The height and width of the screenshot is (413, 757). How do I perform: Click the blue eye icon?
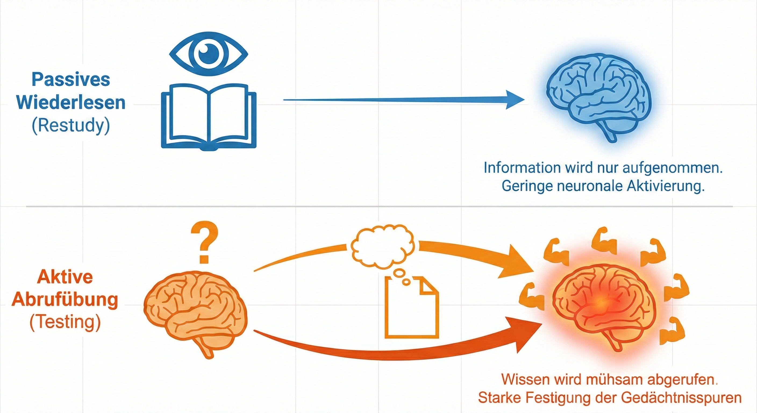tap(209, 54)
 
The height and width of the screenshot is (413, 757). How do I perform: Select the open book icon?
tap(209, 117)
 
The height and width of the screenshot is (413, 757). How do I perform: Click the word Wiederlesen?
tap(71, 103)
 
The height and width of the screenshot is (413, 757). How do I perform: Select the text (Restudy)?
tap(71, 126)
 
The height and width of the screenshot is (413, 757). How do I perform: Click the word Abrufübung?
tap(65, 300)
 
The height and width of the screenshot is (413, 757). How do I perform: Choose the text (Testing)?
tap(65, 322)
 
